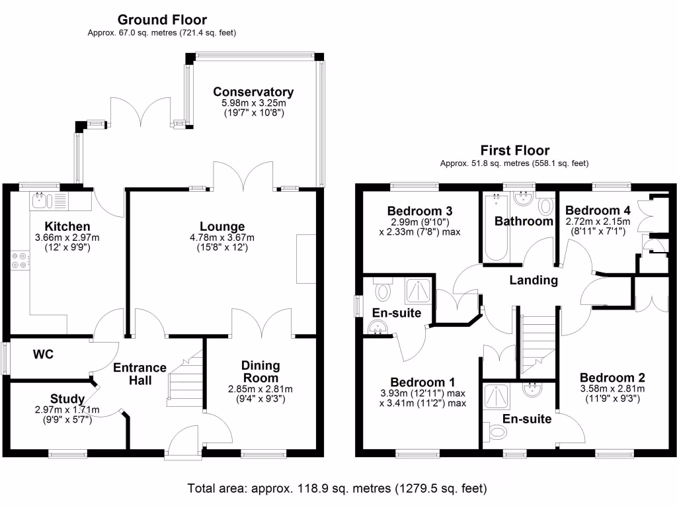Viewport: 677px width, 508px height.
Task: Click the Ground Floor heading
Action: click(162, 20)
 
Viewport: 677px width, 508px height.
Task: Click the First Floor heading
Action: click(514, 151)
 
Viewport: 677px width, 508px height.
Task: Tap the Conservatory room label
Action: click(253, 92)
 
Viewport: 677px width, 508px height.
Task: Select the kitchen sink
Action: click(41, 201)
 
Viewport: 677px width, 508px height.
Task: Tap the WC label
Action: click(44, 355)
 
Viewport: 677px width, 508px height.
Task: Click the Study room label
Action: click(67, 399)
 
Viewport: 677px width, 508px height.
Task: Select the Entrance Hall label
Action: click(139, 374)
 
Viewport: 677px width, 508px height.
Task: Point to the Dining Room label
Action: click(260, 371)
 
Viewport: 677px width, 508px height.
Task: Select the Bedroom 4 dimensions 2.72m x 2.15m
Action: click(598, 222)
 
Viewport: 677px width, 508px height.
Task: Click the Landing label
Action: click(533, 280)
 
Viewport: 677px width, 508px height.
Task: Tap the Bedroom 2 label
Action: click(612, 377)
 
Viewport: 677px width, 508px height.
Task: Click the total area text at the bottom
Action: click(337, 489)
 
